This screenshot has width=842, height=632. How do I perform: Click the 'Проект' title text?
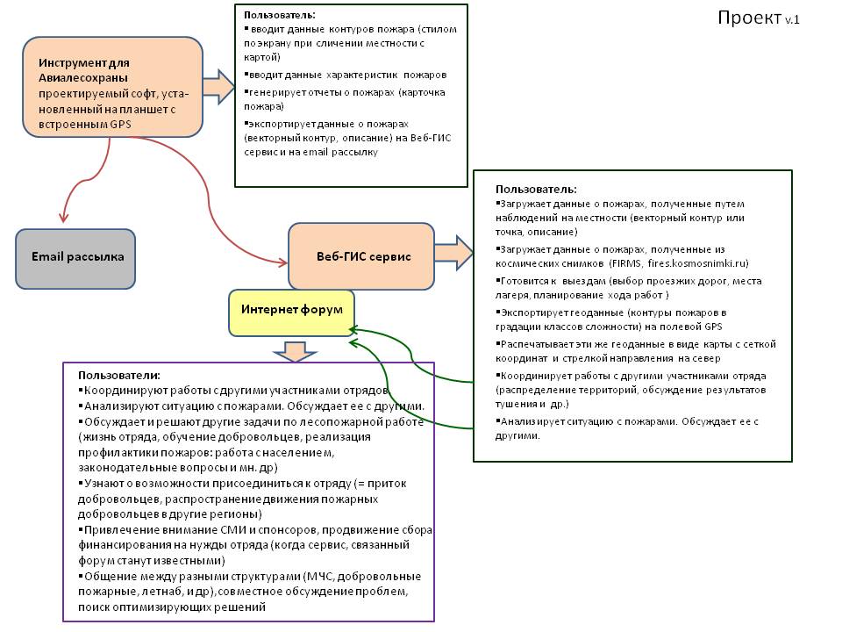pos(749,18)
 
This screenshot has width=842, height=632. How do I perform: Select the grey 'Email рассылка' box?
pos(76,257)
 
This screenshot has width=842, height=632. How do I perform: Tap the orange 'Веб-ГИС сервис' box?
pos(361,256)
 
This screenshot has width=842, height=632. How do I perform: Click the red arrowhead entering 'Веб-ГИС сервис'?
pos(282,262)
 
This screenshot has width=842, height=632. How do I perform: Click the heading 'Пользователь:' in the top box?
pos(280,15)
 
